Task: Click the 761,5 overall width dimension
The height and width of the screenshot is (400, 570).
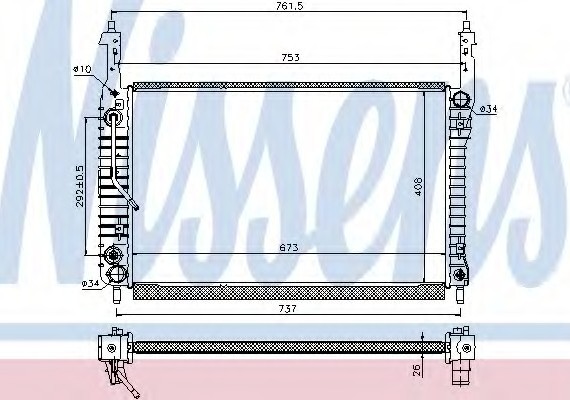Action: click(289, 7)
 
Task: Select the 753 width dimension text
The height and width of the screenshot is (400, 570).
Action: click(289, 58)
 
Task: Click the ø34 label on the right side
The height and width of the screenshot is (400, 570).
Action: click(488, 107)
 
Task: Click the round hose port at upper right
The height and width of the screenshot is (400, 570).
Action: click(461, 100)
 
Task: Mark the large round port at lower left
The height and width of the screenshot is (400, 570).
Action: click(114, 273)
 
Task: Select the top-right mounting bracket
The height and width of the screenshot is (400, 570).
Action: click(465, 45)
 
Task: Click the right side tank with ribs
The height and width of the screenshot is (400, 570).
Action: click(461, 190)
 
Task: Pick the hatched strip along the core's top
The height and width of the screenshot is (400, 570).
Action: click(285, 86)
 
